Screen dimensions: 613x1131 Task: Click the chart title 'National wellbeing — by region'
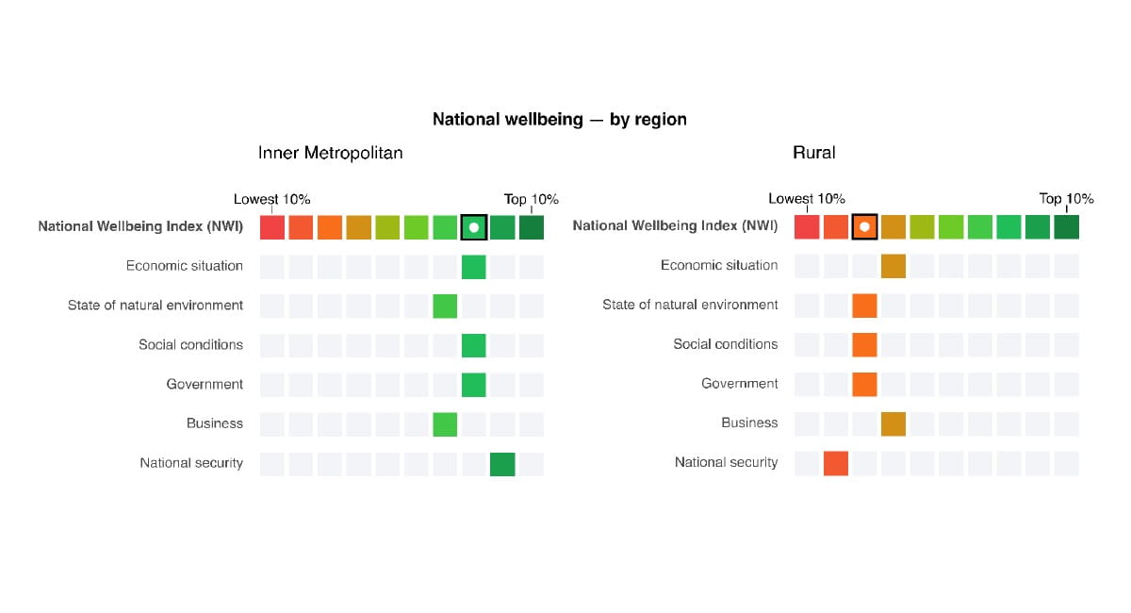pos(559,120)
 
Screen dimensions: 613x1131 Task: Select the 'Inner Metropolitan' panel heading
pos(330,153)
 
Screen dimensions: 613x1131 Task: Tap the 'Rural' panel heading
pos(813,153)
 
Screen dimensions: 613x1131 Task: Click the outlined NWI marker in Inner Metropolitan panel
pos(474,227)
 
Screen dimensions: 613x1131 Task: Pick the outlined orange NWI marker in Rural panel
pos(864,227)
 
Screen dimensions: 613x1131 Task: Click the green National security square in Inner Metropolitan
pos(502,464)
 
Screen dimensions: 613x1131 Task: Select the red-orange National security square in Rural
pos(835,463)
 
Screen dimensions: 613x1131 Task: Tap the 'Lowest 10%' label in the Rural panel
pos(806,199)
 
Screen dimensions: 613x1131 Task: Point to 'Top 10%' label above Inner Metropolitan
pos(531,199)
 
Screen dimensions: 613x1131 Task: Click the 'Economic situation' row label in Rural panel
pos(719,266)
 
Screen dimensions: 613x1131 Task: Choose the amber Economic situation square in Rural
pos(893,266)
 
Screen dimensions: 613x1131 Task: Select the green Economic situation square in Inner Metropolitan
pos(474,267)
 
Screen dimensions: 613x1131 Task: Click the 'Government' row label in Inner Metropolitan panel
pos(205,385)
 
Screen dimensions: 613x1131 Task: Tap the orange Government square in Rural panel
pos(864,384)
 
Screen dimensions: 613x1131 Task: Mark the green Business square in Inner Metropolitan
pos(445,424)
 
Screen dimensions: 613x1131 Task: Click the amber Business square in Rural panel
pos(893,423)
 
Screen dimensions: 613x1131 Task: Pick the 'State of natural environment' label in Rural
pos(690,305)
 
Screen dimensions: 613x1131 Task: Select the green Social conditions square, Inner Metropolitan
pos(474,345)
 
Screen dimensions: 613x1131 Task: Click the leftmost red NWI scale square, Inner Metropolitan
pos(272,227)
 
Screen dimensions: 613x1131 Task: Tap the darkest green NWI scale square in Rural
pos(1066,227)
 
